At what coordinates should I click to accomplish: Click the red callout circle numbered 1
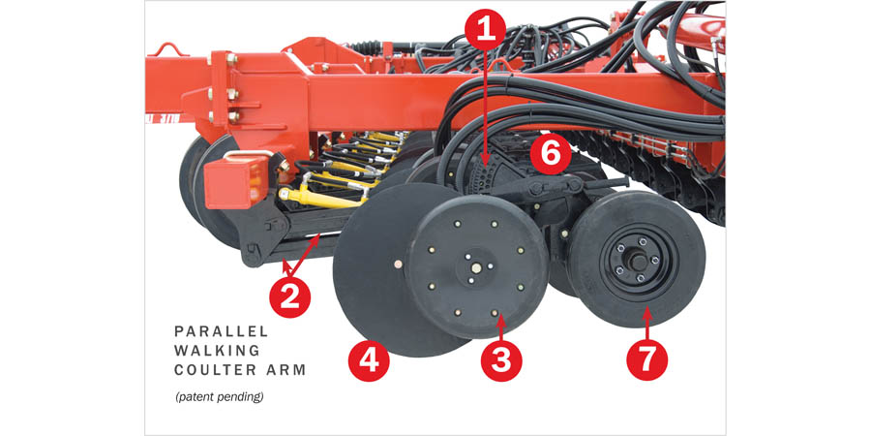click(x=485, y=29)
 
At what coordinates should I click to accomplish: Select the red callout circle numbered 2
click(x=290, y=297)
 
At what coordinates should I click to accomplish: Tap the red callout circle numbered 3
click(x=500, y=359)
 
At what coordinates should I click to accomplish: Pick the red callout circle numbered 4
click(x=369, y=359)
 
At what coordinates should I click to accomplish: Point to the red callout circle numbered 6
click(x=550, y=153)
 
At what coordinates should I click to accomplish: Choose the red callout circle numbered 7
click(x=647, y=359)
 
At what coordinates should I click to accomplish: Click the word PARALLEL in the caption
click(x=221, y=331)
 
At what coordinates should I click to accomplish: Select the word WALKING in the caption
click(x=217, y=351)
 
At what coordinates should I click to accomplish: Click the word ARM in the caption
click(x=291, y=370)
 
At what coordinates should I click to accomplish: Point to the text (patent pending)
click(x=220, y=397)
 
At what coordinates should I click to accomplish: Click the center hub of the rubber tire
click(x=637, y=261)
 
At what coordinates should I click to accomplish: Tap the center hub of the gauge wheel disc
click(x=476, y=268)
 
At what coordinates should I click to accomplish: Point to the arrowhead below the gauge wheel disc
click(x=500, y=318)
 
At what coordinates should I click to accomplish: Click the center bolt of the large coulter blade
click(x=398, y=265)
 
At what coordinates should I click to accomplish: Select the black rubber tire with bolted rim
click(x=637, y=259)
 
